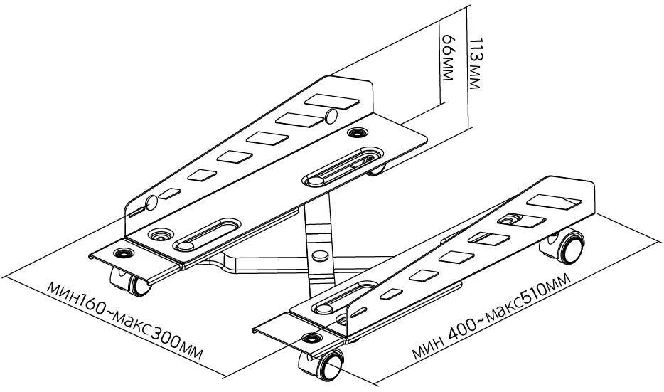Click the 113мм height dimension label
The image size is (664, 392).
[x=476, y=63]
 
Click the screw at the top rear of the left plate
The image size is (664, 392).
[x=355, y=132]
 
